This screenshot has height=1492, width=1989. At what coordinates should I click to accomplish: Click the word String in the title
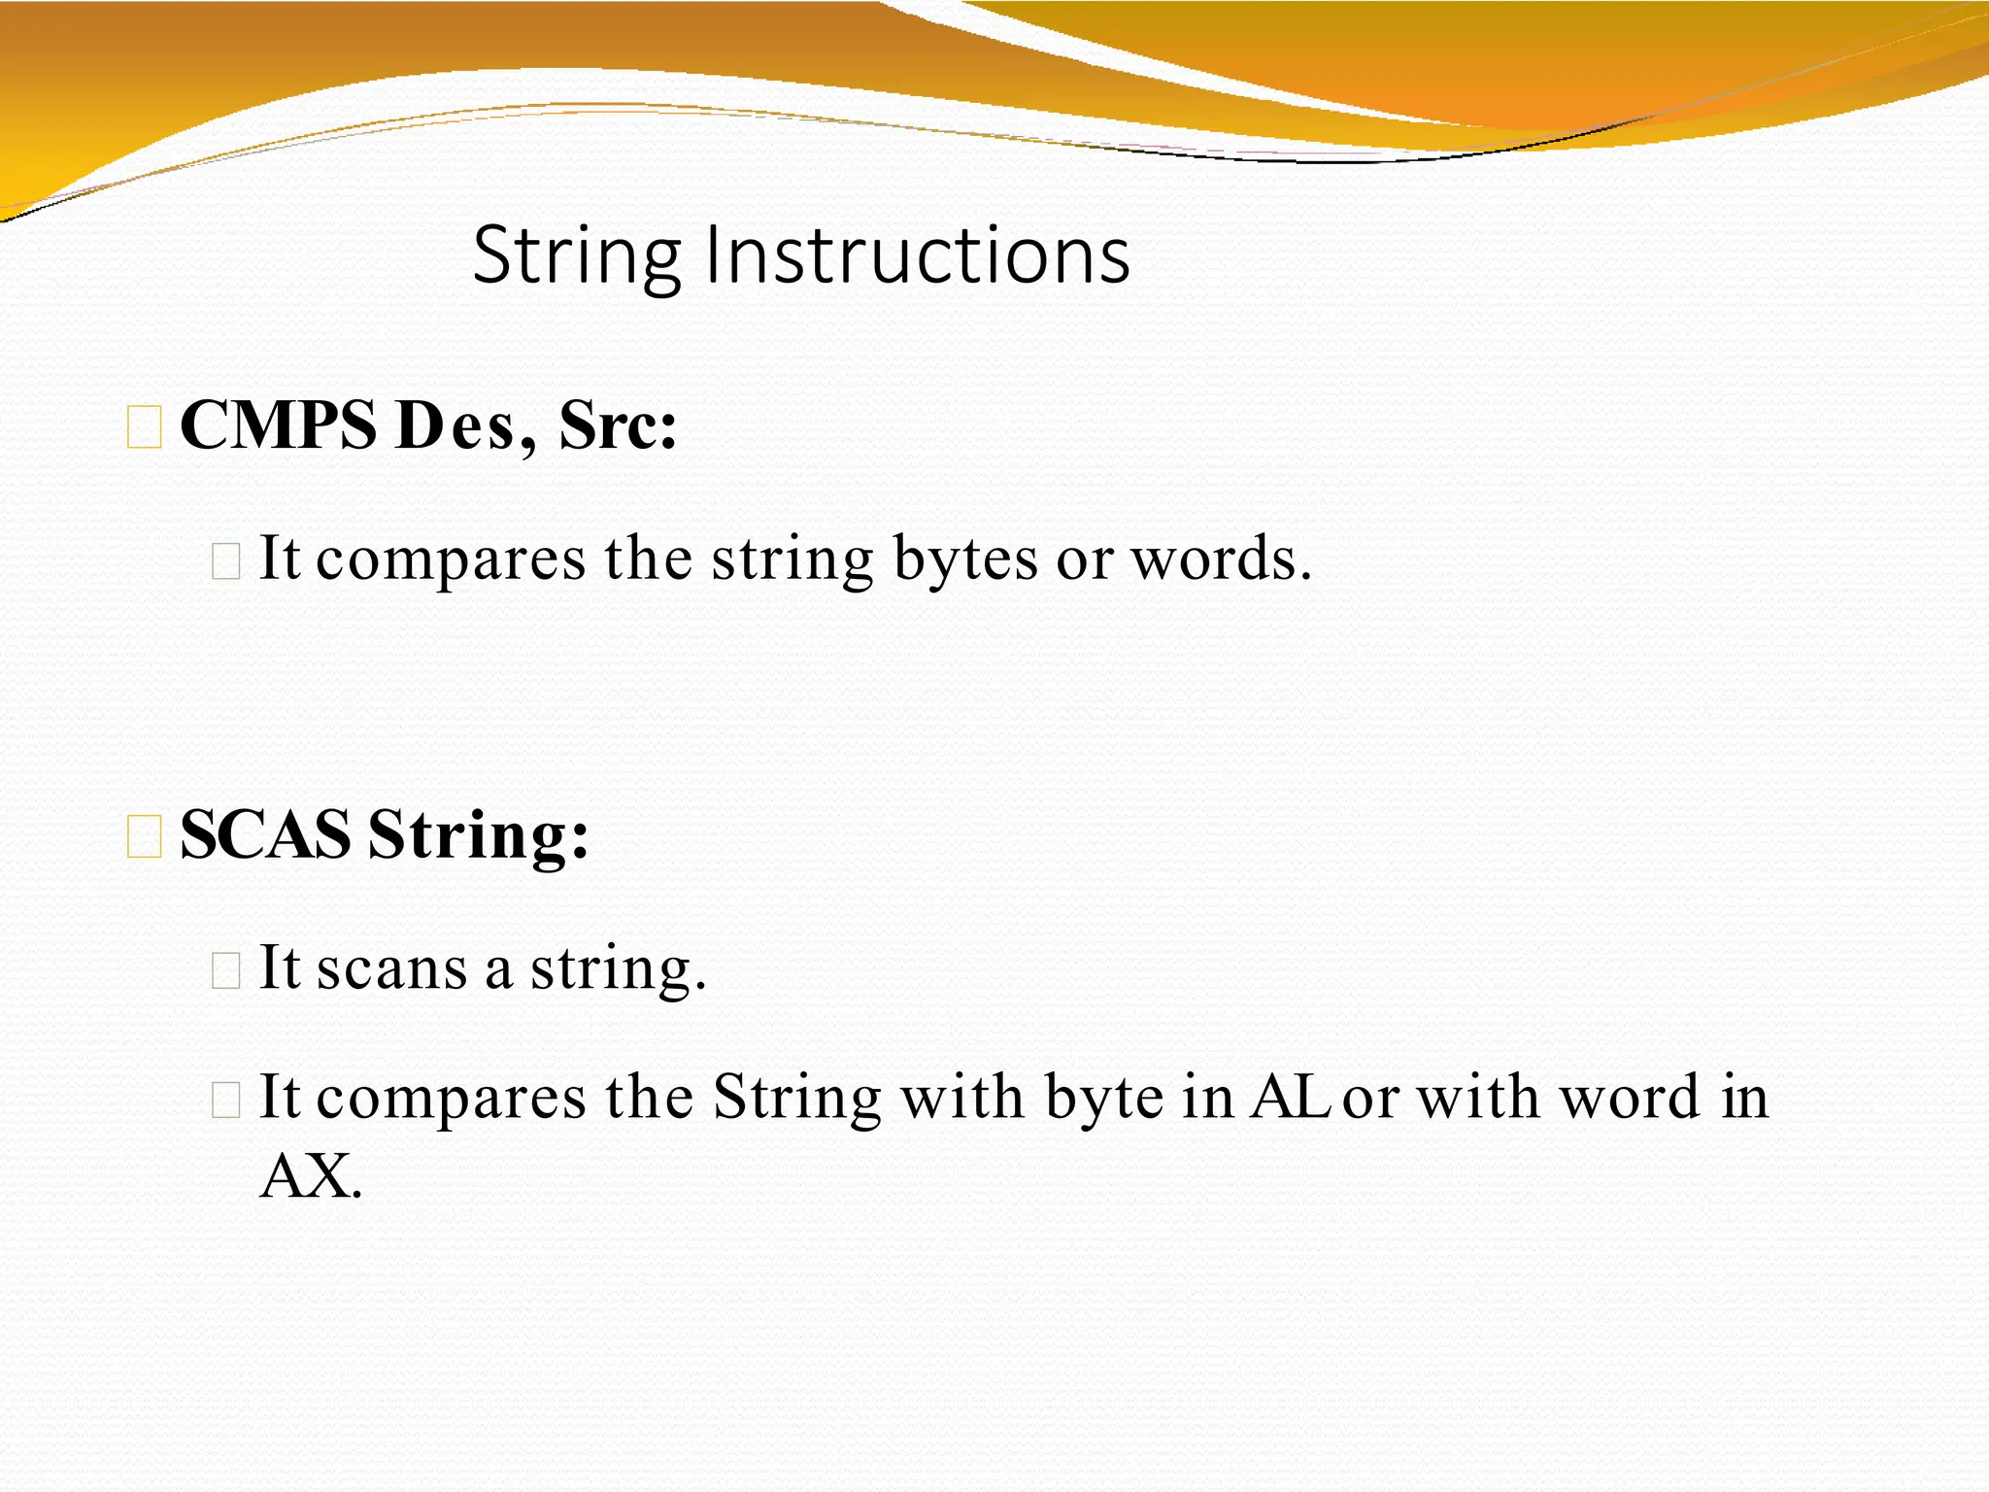(x=577, y=256)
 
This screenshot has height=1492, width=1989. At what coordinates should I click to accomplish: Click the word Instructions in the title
(x=918, y=254)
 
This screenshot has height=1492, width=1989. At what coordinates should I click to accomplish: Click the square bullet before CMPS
(x=145, y=428)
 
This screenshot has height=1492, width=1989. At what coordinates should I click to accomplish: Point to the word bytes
(x=964, y=560)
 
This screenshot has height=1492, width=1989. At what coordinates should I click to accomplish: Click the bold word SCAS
(x=265, y=834)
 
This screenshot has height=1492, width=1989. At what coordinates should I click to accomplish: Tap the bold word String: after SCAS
(x=479, y=836)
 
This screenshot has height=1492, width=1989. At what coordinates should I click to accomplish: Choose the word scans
(x=391, y=968)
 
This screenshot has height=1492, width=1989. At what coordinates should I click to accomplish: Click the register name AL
(x=1289, y=1097)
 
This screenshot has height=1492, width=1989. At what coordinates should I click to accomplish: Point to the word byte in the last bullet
(x=1104, y=1099)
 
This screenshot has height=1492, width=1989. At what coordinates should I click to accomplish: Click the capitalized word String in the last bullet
(x=796, y=1099)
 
